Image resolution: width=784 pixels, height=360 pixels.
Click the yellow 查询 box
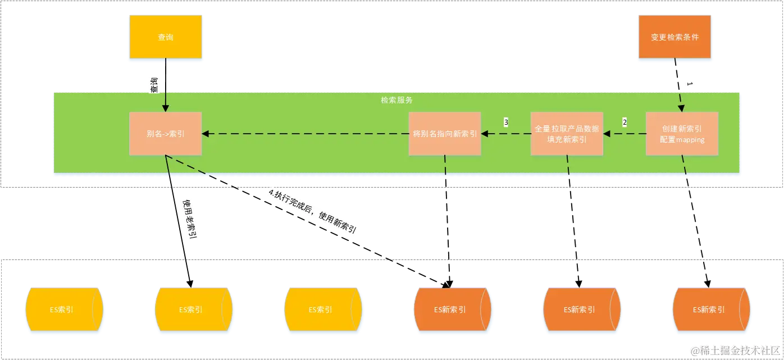point(166,38)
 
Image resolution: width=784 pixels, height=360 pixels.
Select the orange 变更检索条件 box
point(674,38)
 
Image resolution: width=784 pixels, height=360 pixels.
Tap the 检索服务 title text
point(396,100)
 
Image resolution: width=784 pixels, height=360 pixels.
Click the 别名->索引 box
point(166,134)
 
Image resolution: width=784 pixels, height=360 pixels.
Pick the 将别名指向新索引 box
point(445,134)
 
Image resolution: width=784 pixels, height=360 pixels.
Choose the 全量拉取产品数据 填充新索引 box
point(567,134)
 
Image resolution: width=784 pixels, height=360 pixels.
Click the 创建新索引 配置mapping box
point(682,134)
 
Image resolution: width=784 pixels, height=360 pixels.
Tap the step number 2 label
point(624,122)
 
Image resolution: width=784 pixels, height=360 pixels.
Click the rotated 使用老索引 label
point(190,220)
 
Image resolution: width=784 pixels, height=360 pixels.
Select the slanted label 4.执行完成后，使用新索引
point(313,213)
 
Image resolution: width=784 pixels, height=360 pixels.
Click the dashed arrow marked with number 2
point(624,134)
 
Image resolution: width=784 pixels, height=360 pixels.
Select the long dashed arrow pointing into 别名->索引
point(306,134)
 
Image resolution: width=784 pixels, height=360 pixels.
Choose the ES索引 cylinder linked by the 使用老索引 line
point(194,309)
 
